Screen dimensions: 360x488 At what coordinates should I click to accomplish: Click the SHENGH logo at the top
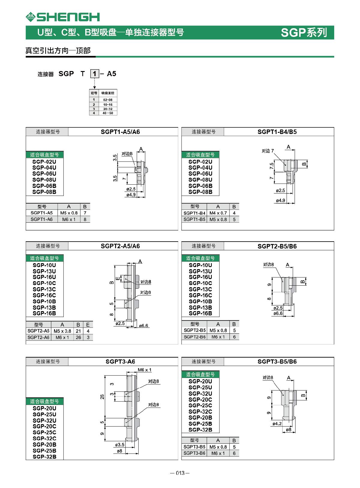tap(63, 17)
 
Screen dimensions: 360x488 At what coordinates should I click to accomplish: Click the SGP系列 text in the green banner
tap(304, 32)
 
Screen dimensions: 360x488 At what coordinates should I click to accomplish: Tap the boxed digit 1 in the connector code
tap(94, 74)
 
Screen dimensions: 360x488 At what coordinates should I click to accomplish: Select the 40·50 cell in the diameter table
tap(108, 113)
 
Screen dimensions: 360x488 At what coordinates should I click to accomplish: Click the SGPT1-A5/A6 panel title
tap(120, 132)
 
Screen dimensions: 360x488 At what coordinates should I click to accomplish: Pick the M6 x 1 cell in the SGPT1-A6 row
tap(69, 219)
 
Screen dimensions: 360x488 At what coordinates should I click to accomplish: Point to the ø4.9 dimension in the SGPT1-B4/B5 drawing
tap(280, 200)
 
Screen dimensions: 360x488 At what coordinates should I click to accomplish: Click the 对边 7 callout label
tap(268, 151)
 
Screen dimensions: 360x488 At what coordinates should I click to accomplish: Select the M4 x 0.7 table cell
tap(218, 213)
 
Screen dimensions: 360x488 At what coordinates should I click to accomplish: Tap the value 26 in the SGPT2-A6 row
tap(78, 338)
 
